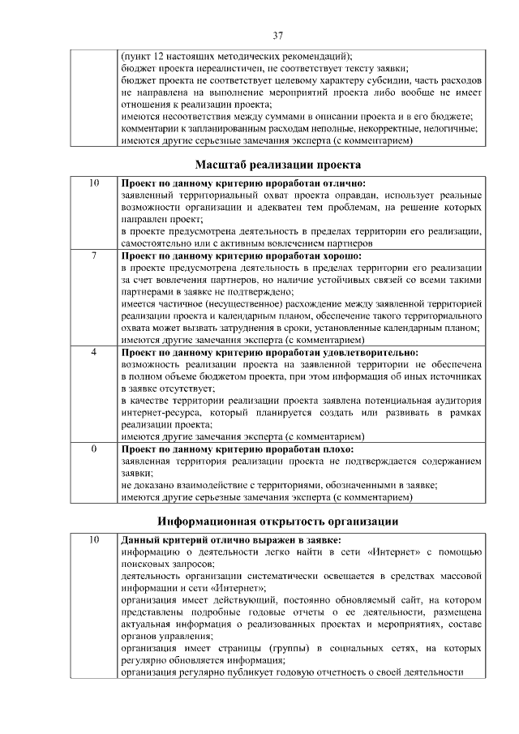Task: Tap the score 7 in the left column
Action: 94,255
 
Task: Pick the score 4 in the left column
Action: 94,353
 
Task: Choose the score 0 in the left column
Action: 94,449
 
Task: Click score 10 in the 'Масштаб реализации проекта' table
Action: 94,183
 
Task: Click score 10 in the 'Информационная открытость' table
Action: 94,539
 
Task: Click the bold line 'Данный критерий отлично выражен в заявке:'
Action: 230,539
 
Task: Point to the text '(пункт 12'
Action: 144,57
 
